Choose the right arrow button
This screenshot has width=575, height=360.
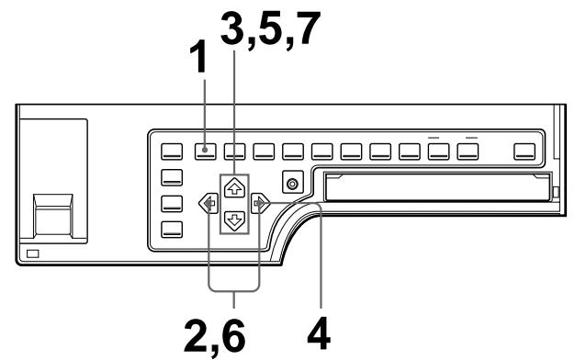(263, 202)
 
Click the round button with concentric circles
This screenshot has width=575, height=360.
(293, 184)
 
